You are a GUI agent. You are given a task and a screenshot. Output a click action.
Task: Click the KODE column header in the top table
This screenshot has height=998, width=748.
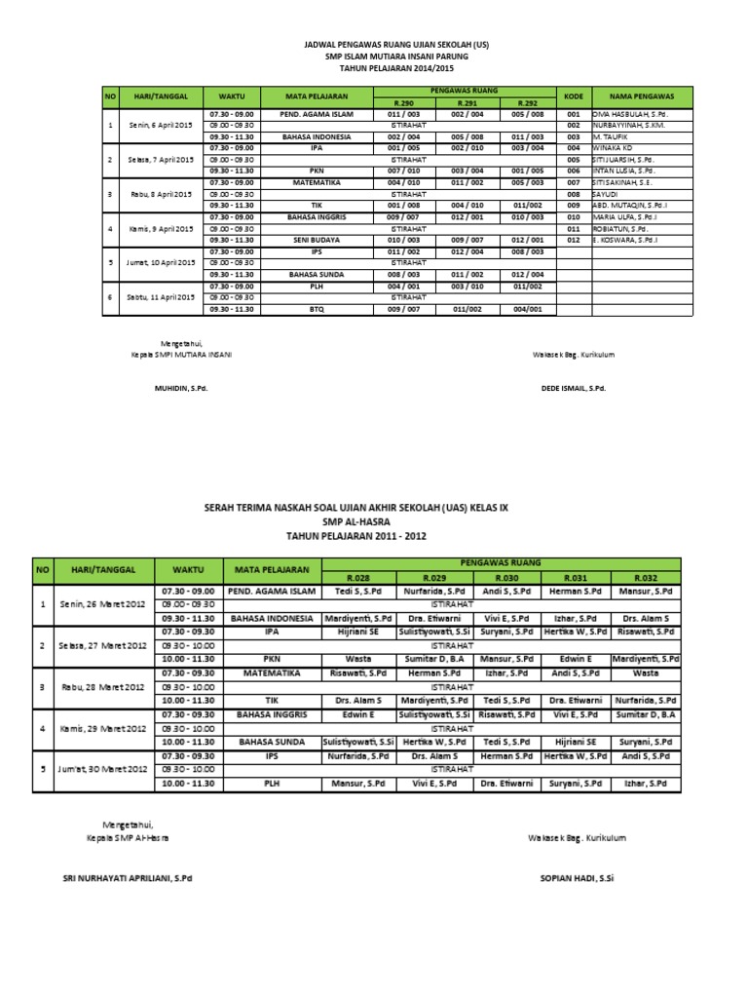coord(573,96)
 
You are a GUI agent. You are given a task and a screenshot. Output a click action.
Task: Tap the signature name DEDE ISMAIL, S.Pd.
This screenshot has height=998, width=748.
coord(573,387)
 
